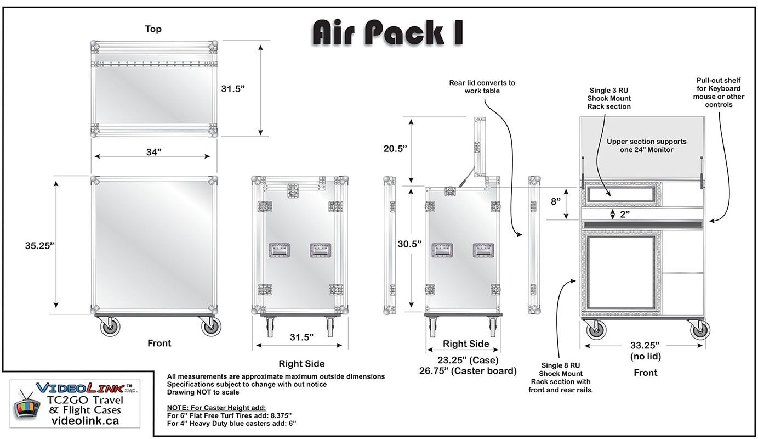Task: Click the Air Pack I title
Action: pos(387,33)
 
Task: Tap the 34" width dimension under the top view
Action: pos(153,153)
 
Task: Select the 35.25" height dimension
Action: pos(40,246)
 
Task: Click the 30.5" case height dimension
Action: pos(409,244)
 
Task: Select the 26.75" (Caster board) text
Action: pos(468,371)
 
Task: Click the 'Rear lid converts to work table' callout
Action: pos(482,87)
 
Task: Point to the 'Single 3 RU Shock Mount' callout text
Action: pos(609,98)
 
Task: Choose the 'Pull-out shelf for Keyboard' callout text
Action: pos(718,92)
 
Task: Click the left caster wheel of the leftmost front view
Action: pos(112,328)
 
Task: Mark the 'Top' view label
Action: pos(153,29)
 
